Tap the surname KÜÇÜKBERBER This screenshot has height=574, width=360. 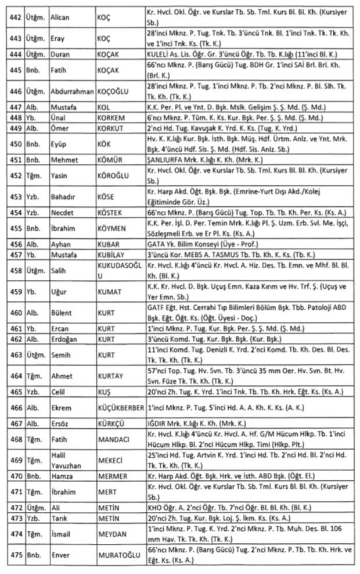point(120,408)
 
